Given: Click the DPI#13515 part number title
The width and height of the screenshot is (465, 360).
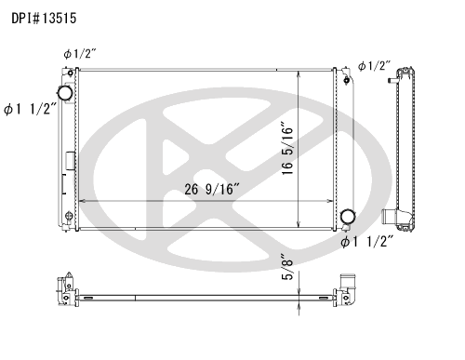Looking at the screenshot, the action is (x=44, y=19).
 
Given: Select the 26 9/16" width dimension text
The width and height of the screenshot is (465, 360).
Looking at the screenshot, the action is (x=212, y=189).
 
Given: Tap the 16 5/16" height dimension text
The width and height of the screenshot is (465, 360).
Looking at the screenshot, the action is (x=287, y=150).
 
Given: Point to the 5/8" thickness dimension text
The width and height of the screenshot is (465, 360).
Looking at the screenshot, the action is (x=287, y=267).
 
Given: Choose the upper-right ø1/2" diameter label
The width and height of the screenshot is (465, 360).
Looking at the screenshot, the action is (x=374, y=66).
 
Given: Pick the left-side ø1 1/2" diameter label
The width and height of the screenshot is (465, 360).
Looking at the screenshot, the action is (x=31, y=109).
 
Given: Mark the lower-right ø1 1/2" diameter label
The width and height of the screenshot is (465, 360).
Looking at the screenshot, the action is (x=367, y=241).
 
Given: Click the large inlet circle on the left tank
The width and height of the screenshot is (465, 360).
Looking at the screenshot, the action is (x=65, y=92).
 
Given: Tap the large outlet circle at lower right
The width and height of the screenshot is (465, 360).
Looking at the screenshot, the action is (x=348, y=217).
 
